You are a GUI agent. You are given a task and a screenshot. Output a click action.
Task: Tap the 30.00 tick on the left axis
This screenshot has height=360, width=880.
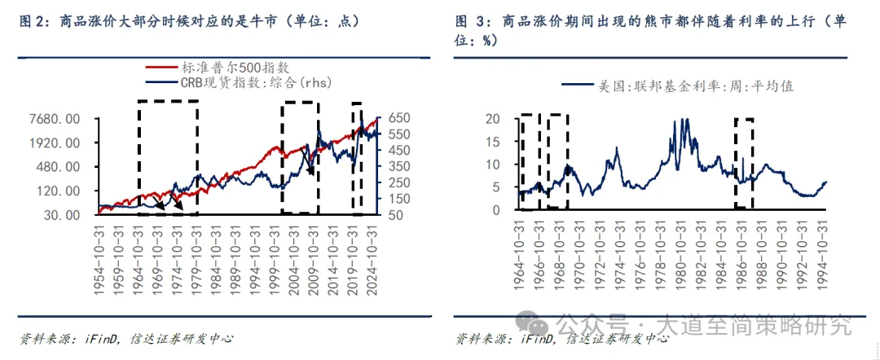pyautogui.click(x=62, y=215)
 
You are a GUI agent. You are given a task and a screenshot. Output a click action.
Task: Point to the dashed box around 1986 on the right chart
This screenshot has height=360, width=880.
pyautogui.click(x=744, y=163)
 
